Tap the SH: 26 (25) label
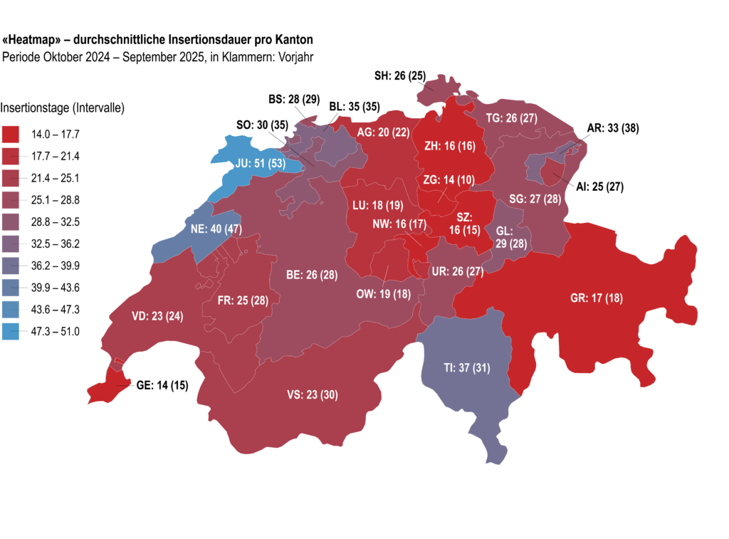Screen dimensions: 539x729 (x=400, y=75)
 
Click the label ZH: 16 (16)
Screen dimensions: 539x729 (x=451, y=147)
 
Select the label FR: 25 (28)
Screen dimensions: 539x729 (x=243, y=300)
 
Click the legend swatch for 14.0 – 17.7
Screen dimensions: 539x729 (x=11, y=133)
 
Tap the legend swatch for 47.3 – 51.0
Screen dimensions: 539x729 (x=11, y=331)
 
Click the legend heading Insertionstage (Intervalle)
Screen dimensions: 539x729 (x=63, y=109)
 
